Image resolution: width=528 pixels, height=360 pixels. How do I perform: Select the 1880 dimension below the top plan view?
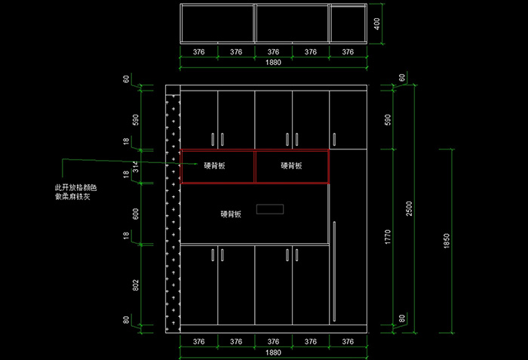273,63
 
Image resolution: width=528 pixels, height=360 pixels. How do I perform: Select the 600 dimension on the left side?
136,214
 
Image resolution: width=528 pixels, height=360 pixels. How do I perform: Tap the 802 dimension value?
136,285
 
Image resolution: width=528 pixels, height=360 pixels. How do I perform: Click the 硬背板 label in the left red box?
217,166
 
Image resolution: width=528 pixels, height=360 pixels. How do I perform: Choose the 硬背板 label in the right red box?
291,166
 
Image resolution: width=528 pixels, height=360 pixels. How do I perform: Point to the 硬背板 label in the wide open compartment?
231,214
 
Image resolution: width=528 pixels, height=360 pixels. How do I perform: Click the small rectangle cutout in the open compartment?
269,209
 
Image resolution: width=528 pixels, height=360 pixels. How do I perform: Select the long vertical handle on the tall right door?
334,269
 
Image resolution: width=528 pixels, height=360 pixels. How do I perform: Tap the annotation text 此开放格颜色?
76,186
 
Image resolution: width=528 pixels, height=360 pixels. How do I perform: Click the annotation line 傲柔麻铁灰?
72,196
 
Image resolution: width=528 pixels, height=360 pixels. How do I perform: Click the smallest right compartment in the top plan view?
348,23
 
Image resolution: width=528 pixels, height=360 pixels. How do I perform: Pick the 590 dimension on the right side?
388,120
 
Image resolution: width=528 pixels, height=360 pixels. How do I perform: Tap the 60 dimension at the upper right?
402,78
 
